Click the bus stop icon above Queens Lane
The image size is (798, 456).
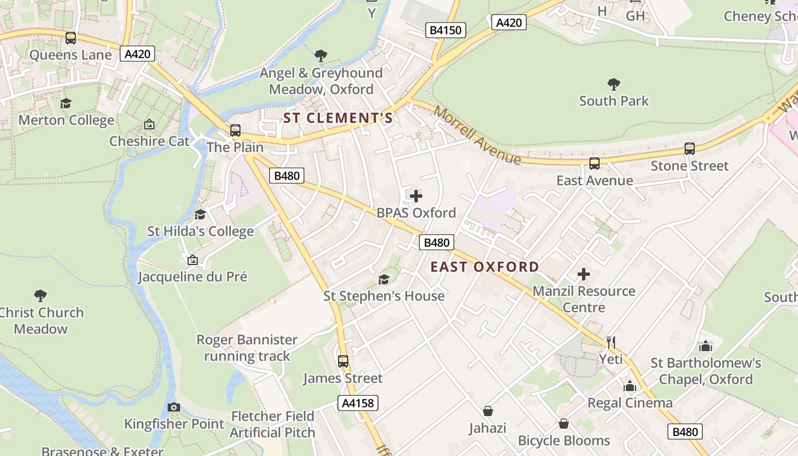tap(71, 38)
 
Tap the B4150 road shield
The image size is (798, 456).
tap(446, 30)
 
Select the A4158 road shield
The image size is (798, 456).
tap(357, 403)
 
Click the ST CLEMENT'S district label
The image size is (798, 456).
tap(339, 118)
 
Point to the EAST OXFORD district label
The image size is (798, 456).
tap(484, 267)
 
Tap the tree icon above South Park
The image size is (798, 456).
tap(614, 84)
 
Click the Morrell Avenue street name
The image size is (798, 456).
tap(477, 135)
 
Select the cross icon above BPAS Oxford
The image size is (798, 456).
tap(416, 196)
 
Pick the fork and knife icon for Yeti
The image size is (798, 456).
tap(610, 342)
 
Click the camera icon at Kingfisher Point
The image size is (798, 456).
tap(174, 407)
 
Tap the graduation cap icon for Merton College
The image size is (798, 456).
tap(66, 103)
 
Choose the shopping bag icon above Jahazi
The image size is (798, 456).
tap(488, 411)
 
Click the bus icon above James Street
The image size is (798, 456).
tap(343, 361)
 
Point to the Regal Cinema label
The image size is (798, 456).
tap(630, 403)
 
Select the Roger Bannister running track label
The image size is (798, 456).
tap(247, 348)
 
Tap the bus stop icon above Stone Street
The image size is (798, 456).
tap(690, 149)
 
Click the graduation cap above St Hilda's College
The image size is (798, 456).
tap(200, 214)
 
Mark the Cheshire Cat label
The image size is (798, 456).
tap(149, 141)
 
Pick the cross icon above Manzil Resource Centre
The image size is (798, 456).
tap(584, 274)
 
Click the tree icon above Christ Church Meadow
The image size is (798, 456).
tap(40, 295)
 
